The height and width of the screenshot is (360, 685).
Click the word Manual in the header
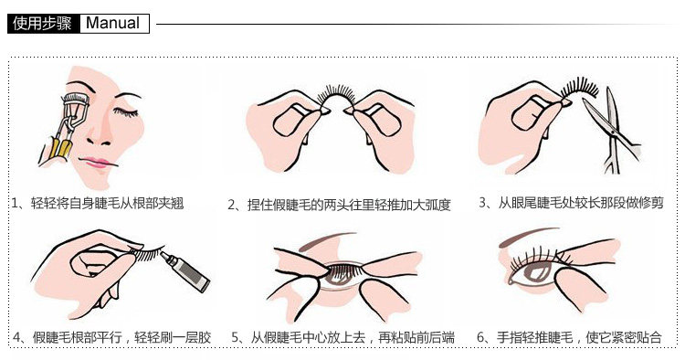point(112,23)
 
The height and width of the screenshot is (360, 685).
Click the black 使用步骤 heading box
point(44,24)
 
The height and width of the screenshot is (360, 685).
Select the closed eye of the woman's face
point(126,111)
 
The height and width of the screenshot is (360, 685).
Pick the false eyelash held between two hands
point(336,95)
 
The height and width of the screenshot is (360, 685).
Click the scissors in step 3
point(612,130)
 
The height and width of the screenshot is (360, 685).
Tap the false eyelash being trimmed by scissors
point(578,87)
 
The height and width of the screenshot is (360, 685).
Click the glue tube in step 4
point(184,271)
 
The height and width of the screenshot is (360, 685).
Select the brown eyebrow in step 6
point(528,236)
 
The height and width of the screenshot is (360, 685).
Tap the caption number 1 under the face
point(15,203)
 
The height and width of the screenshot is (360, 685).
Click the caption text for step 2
point(339,205)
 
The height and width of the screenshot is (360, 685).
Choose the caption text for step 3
point(571,203)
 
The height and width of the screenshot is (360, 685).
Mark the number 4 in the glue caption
point(17,337)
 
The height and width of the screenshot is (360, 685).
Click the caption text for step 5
point(342,337)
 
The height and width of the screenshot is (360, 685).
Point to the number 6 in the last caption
point(481,337)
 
